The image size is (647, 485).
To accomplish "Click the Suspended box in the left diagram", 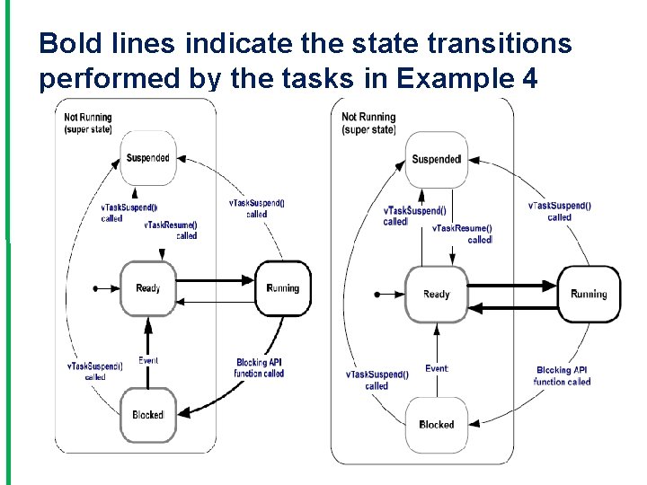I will tap(148, 158).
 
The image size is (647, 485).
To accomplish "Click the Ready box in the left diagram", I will tap(148, 288).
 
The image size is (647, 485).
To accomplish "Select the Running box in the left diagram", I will tap(283, 288).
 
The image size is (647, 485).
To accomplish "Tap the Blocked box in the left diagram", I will tap(148, 415).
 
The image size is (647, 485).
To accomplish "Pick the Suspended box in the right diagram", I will tap(437, 160).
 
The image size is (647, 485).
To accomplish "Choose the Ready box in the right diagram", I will tap(437, 294).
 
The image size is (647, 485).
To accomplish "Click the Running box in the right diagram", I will tap(589, 294).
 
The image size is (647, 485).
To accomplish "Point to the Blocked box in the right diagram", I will tap(437, 424).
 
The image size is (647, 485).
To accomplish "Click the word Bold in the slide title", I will tap(66, 42).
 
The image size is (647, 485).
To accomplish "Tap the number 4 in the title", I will tap(529, 79).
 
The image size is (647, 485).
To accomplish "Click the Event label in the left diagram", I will tap(148, 360).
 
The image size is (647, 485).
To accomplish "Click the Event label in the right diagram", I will tap(437, 368).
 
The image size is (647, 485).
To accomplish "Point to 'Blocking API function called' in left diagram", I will tap(260, 368).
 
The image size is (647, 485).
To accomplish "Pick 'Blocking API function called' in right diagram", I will tap(563, 375).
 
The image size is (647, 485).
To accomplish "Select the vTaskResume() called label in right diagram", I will tap(463, 234).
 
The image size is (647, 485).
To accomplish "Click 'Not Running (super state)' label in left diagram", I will tap(88, 123).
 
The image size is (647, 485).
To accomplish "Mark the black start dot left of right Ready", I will tap(378, 294).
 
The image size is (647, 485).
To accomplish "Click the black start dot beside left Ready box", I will tap(95, 288).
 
